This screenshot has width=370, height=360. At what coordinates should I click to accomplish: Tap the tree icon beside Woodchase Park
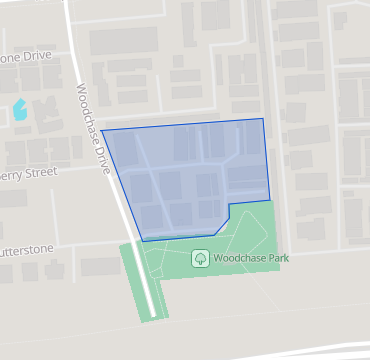pyautogui.click(x=199, y=258)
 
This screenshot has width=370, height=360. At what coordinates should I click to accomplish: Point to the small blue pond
pyautogui.click(x=20, y=108)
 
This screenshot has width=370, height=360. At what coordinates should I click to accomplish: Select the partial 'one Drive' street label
pyautogui.click(x=24, y=57)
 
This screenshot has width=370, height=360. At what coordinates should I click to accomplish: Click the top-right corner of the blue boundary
pyautogui.click(x=264, y=119)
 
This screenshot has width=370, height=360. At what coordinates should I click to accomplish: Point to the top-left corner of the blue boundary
pyautogui.click(x=101, y=129)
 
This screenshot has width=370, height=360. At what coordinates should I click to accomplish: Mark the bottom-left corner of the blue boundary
pyautogui.click(x=142, y=241)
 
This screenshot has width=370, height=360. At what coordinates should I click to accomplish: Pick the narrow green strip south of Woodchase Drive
pyautogui.click(x=146, y=285)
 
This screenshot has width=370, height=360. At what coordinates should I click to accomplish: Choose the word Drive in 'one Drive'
pyautogui.click(x=33, y=57)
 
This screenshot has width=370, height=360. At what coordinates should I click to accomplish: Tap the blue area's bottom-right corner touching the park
pyautogui.click(x=270, y=198)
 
